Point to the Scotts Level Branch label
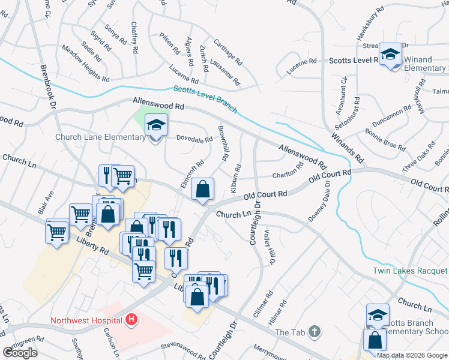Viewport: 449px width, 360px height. pyautogui.click(x=205, y=100)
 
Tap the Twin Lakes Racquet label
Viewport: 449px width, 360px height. pyautogui.click(x=411, y=271)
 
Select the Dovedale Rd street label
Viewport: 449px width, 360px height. pyautogui.click(x=194, y=139)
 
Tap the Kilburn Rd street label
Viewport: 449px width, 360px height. pyautogui.click(x=235, y=177)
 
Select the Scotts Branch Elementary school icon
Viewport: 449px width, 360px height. pyautogui.click(x=378, y=315)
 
